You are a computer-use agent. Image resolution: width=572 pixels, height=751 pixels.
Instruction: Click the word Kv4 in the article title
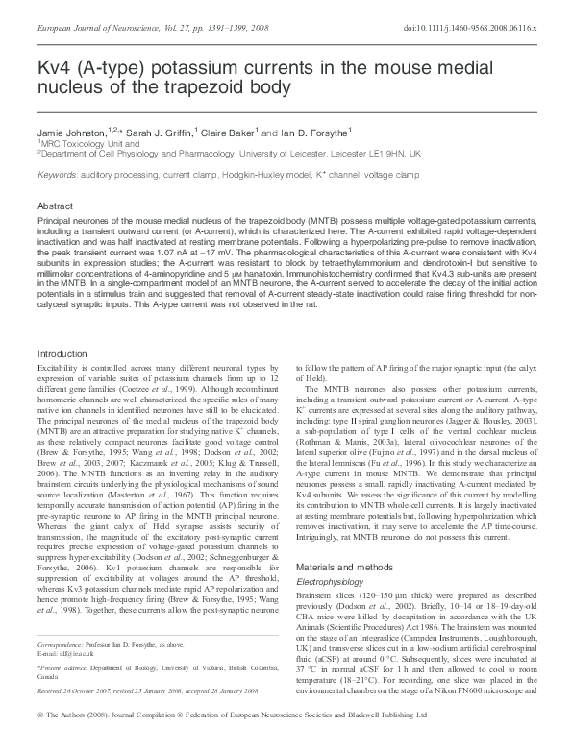coord(57,70)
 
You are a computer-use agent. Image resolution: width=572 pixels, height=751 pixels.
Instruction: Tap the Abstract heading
coord(55,206)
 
